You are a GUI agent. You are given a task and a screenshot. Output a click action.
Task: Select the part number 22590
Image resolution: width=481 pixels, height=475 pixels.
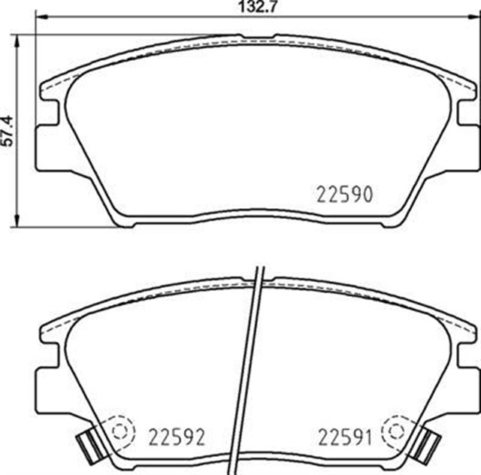344,195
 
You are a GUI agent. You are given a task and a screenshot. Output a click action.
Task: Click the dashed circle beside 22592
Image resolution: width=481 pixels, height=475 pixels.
121,430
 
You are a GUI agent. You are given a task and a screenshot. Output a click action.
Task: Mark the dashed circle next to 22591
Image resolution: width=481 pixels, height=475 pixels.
394,430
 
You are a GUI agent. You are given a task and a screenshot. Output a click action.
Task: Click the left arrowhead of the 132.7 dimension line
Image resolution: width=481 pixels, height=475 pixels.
40,17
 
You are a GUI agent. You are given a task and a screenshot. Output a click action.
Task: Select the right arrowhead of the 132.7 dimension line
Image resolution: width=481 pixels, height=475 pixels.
473,17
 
